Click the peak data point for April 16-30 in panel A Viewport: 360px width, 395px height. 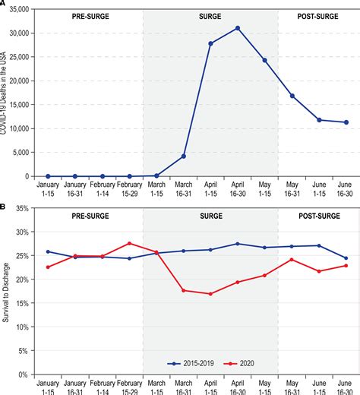click(x=238, y=28)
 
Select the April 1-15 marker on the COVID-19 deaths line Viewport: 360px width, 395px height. click(x=210, y=43)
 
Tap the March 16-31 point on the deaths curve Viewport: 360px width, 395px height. click(x=184, y=156)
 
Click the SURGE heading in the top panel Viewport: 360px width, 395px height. click(x=210, y=16)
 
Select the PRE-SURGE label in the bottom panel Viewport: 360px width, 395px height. click(x=89, y=215)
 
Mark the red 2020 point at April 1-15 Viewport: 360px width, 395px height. click(x=210, y=294)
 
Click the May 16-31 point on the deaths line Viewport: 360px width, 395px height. click(x=292, y=96)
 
